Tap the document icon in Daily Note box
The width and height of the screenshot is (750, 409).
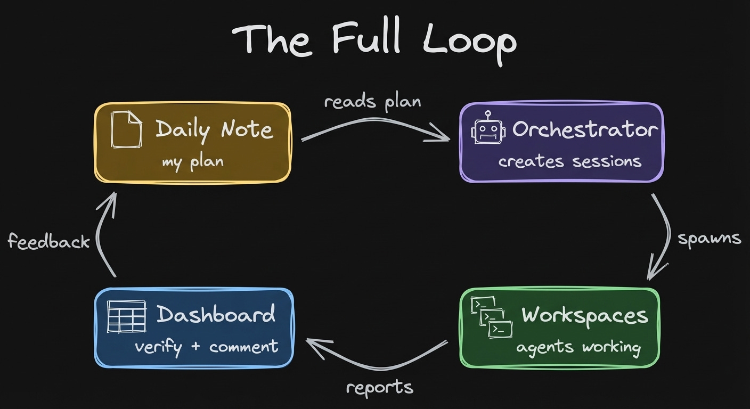click(126, 129)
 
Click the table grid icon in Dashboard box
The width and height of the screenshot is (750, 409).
click(126, 316)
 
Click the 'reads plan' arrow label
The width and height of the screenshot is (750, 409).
click(372, 101)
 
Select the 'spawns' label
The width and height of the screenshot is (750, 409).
click(709, 238)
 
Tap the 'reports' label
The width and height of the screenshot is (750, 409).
click(379, 387)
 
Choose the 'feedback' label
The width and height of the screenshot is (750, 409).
click(49, 241)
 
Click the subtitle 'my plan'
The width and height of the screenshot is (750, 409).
click(192, 161)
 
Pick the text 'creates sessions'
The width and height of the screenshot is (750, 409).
click(569, 161)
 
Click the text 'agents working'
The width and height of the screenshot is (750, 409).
click(578, 347)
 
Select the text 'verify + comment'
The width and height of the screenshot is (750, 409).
click(206, 347)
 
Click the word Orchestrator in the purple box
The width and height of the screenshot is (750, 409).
click(585, 129)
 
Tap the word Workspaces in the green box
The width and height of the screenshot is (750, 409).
click(584, 315)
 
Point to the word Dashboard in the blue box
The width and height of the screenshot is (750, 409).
click(216, 315)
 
